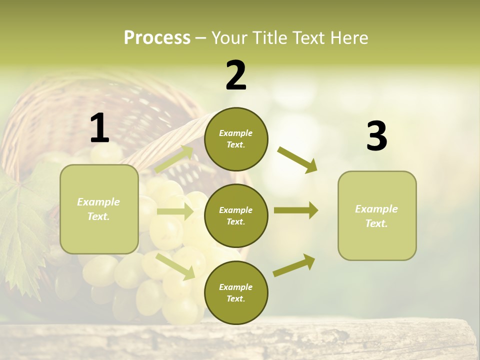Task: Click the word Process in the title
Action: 157,38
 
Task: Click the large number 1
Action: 99,128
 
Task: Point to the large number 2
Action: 236,75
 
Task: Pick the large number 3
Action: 376,136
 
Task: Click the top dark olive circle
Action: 236,139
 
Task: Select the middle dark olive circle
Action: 236,215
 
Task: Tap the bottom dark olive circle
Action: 236,292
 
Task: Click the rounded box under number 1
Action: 99,209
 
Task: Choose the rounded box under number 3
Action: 377,216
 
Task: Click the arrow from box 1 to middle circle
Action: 175,211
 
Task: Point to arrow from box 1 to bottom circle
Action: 175,266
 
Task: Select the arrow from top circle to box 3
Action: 297,159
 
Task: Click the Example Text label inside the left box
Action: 98,209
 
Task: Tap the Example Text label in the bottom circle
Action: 235,292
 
